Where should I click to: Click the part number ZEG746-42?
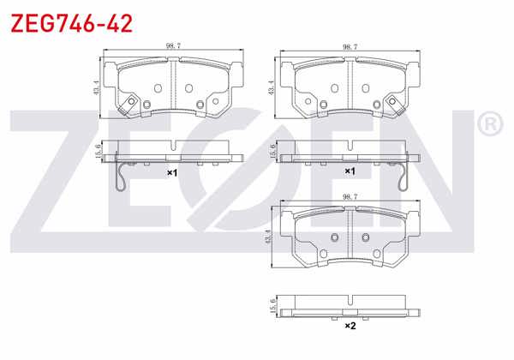click(71, 23)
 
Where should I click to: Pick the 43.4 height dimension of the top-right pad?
click(273, 86)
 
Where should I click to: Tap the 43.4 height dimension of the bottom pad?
click(273, 236)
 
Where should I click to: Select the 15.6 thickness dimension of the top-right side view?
click(273, 152)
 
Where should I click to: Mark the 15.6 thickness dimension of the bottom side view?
click(273, 304)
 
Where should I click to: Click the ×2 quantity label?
click(350, 327)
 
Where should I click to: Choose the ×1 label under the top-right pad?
click(350, 172)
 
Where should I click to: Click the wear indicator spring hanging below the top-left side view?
click(123, 177)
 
